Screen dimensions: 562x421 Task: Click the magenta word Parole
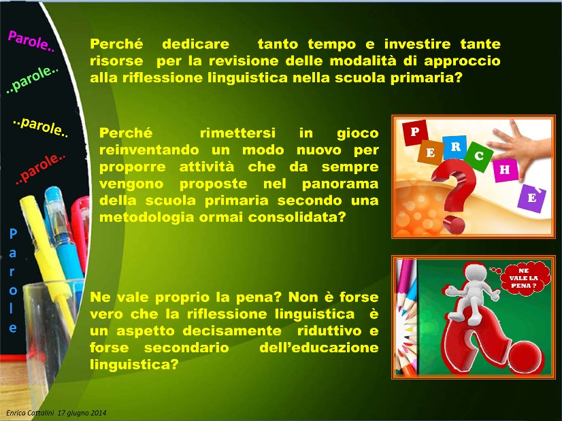(x=31, y=41)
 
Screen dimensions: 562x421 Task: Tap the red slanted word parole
(x=41, y=169)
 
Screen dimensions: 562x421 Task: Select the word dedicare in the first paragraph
(x=196, y=44)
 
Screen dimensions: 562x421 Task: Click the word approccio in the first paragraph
(x=463, y=61)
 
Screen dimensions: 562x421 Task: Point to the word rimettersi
(x=237, y=133)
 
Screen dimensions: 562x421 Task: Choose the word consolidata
(x=297, y=217)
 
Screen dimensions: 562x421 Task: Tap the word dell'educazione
(x=319, y=348)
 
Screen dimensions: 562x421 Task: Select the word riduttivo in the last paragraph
(x=329, y=331)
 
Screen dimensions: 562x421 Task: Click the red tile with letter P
(x=415, y=132)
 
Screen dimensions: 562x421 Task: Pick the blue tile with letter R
(x=455, y=146)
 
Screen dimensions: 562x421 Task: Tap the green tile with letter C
(x=478, y=156)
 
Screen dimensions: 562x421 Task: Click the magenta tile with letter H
(x=505, y=169)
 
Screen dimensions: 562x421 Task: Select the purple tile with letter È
(x=532, y=198)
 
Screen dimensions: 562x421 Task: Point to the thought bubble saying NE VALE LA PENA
(x=524, y=278)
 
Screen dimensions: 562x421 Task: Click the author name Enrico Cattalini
(x=30, y=413)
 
